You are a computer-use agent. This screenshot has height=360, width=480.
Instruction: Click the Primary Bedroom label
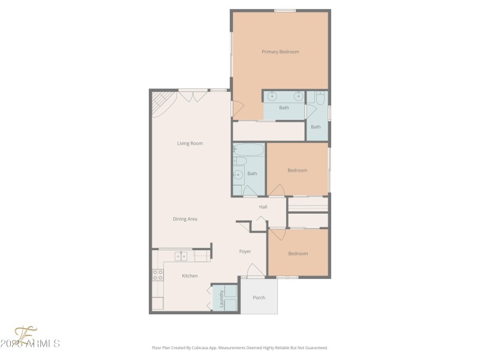pyautogui.click(x=280, y=52)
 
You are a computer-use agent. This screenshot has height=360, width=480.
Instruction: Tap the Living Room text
pyautogui.click(x=190, y=143)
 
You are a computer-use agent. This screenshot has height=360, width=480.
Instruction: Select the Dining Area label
pyautogui.click(x=185, y=219)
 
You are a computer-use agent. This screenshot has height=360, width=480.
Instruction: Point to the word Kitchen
pyautogui.click(x=190, y=276)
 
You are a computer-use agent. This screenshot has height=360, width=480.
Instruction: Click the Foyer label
pyautogui.click(x=245, y=251)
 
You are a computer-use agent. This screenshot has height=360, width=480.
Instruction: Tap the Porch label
pyautogui.click(x=259, y=298)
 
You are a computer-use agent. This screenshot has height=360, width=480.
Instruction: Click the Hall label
pyautogui.click(x=263, y=207)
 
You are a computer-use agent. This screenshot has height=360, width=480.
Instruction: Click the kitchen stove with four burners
pyautogui.click(x=157, y=275)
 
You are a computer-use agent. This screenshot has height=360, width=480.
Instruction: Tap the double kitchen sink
pyautogui.click(x=181, y=256)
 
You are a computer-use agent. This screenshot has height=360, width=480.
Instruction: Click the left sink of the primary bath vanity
pyautogui.click(x=272, y=96)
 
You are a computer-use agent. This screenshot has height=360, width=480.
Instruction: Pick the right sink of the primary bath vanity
pyautogui.click(x=298, y=96)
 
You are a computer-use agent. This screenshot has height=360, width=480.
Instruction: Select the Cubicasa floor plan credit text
pyautogui.click(x=239, y=347)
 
